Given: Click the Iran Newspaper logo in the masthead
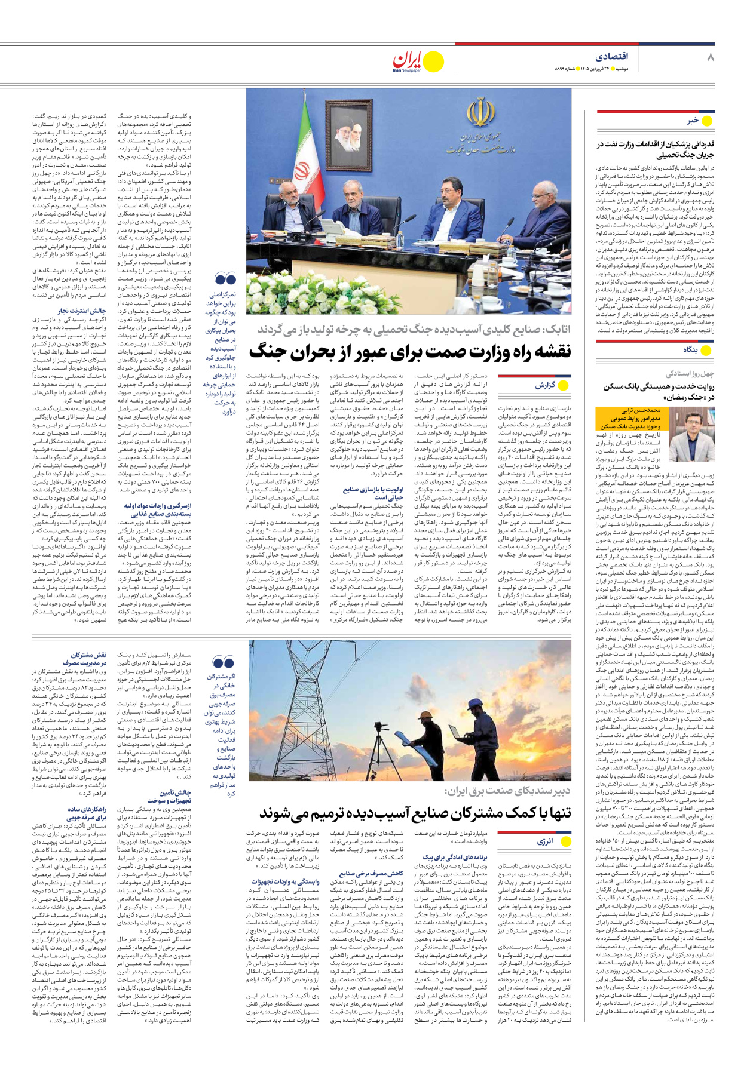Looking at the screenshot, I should click(x=418, y=62).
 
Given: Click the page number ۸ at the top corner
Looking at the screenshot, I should click(x=709, y=57).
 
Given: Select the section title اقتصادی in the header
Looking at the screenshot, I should click(x=612, y=56).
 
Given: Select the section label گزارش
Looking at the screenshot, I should click(x=544, y=385).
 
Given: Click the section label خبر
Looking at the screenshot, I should click(x=692, y=121).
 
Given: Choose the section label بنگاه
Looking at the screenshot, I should click(x=690, y=350).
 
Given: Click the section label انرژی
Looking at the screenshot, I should click(x=544, y=841).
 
